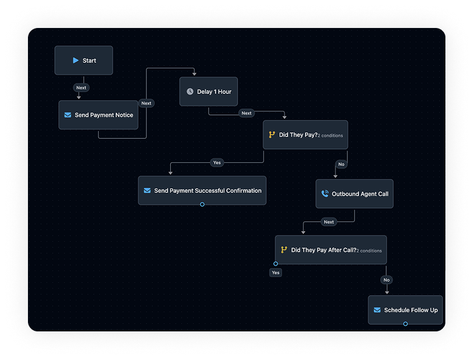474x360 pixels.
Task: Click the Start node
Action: [x=84, y=60]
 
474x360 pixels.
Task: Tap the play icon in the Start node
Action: [x=75, y=60]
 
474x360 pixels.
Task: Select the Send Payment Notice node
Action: [x=98, y=115]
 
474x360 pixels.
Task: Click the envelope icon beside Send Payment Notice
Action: [x=68, y=115]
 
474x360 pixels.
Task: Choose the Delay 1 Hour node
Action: [x=209, y=91]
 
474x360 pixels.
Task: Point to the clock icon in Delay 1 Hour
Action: [x=190, y=91]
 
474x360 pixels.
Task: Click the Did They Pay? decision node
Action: [x=305, y=134]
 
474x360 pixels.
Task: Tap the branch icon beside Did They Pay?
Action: [x=271, y=134]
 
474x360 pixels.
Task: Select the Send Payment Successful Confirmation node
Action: [x=202, y=190]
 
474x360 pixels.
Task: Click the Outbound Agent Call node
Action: [x=354, y=194]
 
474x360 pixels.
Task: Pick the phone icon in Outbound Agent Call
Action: [x=325, y=194]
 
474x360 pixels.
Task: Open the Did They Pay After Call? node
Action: [x=330, y=250]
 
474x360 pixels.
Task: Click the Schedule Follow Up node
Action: [x=405, y=310]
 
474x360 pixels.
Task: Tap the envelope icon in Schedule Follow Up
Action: [x=376, y=310]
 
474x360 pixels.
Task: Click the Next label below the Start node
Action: [x=81, y=88]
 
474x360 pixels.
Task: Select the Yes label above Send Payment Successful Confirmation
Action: [x=217, y=162]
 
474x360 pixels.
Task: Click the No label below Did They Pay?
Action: [x=341, y=164]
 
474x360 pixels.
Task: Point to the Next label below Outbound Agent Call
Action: [x=329, y=222]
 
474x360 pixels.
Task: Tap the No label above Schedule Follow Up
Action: [x=386, y=280]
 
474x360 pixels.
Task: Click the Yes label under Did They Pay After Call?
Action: [x=276, y=272]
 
